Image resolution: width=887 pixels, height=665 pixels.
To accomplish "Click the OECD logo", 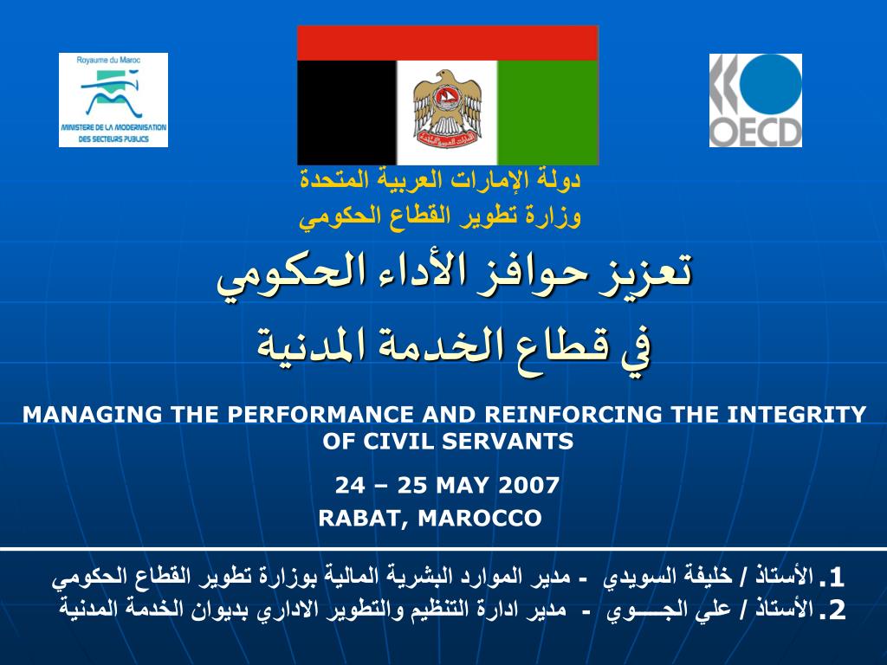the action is coord(755,100).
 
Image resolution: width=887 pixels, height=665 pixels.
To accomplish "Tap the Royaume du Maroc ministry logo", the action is coord(113,100).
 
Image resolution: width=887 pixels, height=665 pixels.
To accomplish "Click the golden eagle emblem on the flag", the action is coord(447,108).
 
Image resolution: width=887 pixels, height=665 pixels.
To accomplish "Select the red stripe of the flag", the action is coord(448,43).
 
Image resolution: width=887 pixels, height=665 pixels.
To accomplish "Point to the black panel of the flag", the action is coord(346,113).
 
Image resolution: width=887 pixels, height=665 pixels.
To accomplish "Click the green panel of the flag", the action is coord(547,113).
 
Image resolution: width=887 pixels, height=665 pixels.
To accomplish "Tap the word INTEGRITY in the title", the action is coord(797,415).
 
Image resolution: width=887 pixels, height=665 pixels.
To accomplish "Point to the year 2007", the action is coord(529,485).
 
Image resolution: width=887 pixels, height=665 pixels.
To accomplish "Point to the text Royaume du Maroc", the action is coord(108,60).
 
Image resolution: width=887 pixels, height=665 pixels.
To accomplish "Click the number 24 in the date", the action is coord(350,485).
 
